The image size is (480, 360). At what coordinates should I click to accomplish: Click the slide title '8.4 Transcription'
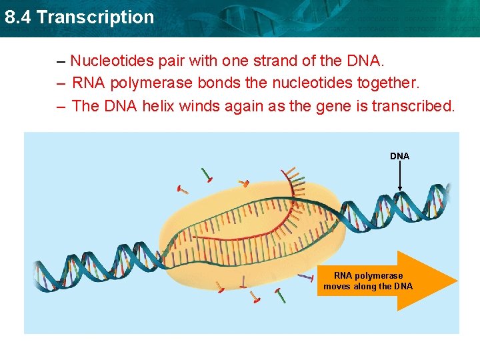coord(79,17)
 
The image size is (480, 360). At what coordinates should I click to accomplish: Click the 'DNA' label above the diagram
coord(399,156)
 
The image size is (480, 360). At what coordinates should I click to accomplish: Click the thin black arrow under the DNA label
coord(399,177)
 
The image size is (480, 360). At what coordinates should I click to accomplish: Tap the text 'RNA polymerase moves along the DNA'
coord(368,281)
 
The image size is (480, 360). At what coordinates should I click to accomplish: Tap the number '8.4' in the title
coord(18,17)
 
